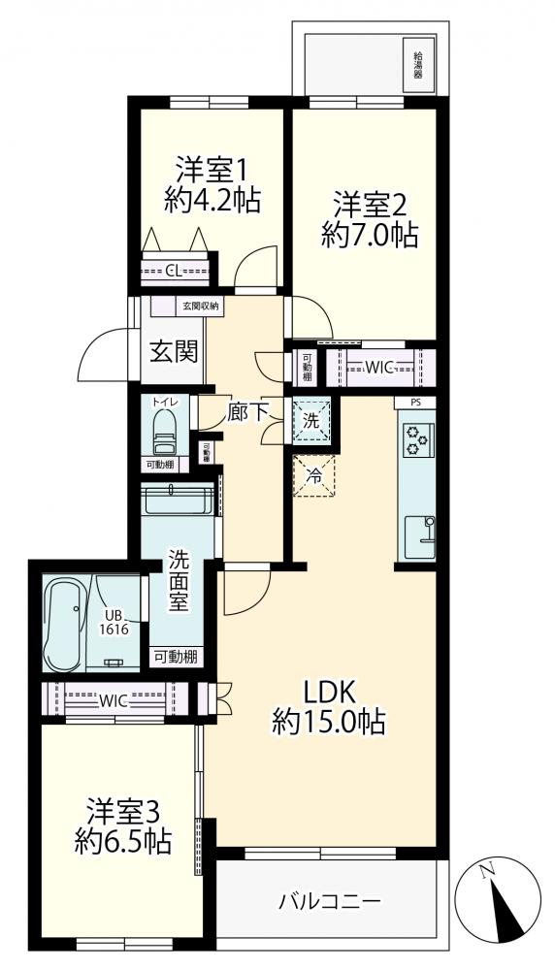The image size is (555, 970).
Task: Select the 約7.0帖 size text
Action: (370, 235)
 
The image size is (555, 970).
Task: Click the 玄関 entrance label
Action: (174, 352)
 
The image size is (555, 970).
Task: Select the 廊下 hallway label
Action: (245, 412)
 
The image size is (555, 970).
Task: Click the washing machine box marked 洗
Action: (311, 421)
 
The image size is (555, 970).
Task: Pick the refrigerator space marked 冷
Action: (314, 475)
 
